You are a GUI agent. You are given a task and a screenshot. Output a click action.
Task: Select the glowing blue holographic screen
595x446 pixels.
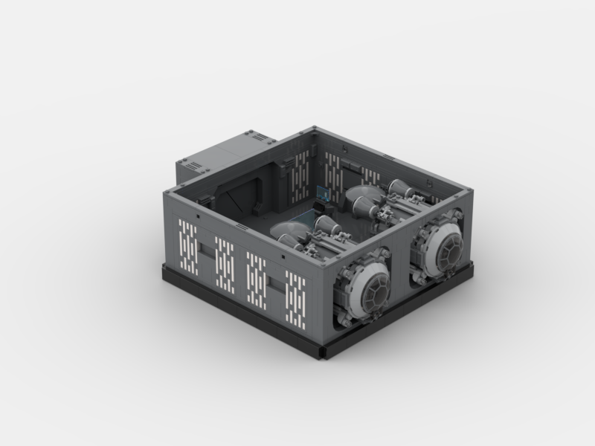(x=322, y=192)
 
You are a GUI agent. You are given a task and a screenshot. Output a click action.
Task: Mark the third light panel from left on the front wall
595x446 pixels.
(x=257, y=277)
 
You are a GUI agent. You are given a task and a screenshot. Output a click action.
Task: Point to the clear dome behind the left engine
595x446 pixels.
(x=286, y=230)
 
